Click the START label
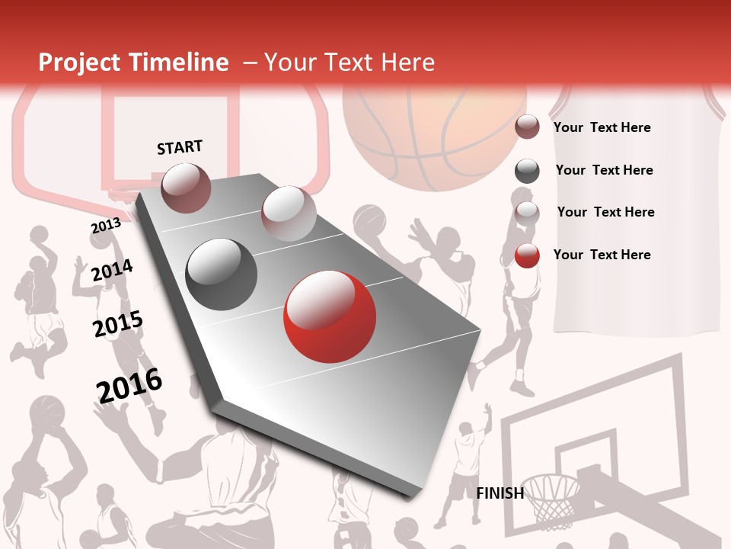click(180, 147)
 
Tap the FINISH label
click(500, 493)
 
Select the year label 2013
click(106, 226)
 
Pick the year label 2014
click(112, 270)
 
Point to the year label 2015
click(117, 324)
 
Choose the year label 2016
click(129, 385)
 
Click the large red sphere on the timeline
click(329, 316)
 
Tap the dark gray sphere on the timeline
click(222, 274)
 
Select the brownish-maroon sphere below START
click(186, 188)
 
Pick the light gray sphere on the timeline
click(289, 213)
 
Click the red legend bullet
click(527, 255)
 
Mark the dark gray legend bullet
click(527, 171)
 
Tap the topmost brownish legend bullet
click(527, 127)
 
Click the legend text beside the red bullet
click(602, 255)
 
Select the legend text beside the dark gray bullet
click(604, 170)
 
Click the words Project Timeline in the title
click(133, 63)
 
